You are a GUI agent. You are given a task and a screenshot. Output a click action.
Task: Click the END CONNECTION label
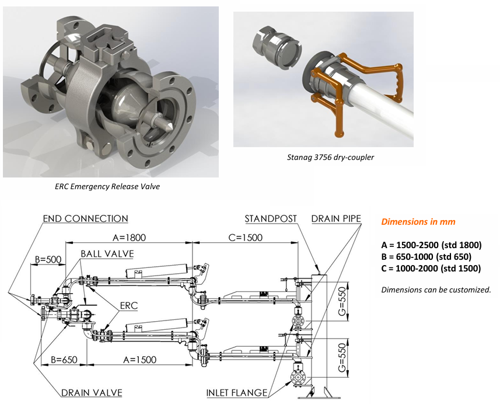(x=85, y=218)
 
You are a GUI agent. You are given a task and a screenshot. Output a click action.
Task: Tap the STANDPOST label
(x=271, y=218)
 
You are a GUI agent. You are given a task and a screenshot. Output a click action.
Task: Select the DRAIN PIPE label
(x=336, y=218)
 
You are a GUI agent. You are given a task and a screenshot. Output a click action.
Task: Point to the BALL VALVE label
(x=107, y=254)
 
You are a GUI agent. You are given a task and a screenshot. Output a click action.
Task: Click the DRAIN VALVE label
(x=92, y=392)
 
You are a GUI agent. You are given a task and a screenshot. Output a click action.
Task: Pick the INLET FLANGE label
(x=237, y=392)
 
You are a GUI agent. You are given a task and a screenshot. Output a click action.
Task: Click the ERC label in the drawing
(x=129, y=305)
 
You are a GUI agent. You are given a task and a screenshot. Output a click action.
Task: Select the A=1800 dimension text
(x=129, y=238)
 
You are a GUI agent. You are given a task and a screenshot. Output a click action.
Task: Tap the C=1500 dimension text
(x=246, y=238)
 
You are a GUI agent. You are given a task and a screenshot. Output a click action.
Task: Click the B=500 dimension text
(x=48, y=259)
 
